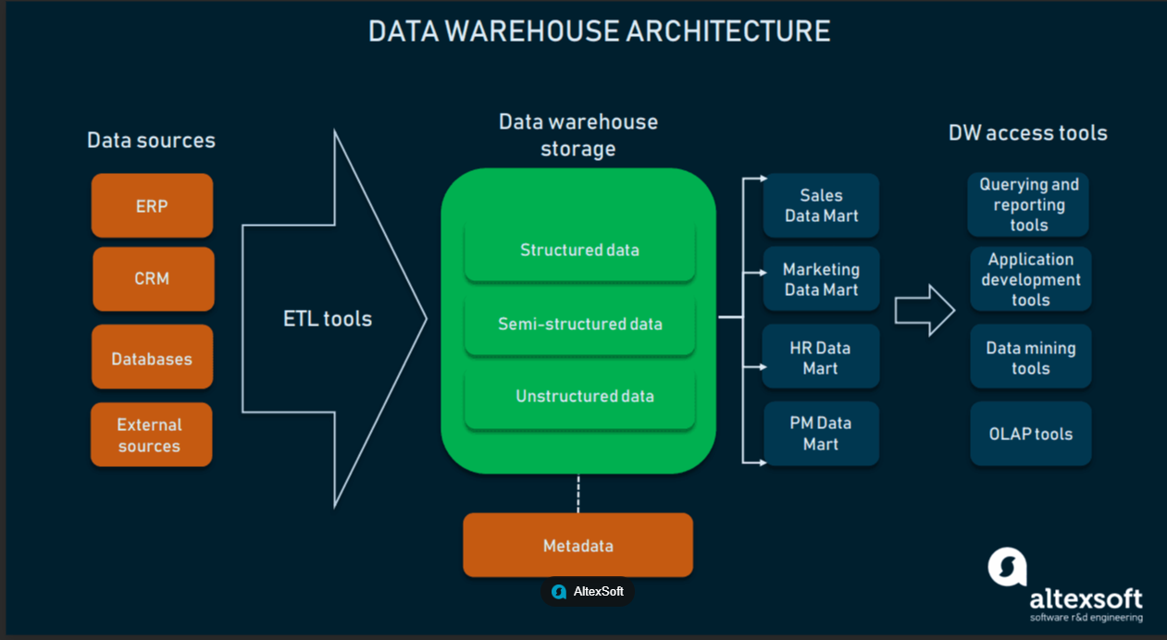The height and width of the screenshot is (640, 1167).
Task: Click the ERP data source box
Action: point(152,205)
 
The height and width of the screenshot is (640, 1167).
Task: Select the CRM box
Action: point(154,279)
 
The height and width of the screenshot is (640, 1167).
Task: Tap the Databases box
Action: point(152,357)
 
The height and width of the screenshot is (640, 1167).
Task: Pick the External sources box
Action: point(151,435)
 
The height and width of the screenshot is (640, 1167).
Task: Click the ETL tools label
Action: point(328,319)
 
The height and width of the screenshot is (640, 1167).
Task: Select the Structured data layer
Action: point(579,251)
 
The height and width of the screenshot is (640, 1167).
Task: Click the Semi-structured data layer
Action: point(579,325)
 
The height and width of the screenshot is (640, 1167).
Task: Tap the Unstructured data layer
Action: point(579,398)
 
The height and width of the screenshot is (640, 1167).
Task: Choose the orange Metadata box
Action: point(577,545)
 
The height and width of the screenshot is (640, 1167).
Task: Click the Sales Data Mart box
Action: point(821,205)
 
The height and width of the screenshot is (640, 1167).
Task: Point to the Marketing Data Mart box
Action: point(821,279)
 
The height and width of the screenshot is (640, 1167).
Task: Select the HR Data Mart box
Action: point(821,357)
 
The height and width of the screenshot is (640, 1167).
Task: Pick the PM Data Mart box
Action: point(821,433)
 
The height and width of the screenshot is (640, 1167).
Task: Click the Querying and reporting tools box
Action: point(1028,204)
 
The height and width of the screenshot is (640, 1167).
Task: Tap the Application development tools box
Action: point(1031,279)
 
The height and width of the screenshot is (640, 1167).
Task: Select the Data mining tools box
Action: point(1031,357)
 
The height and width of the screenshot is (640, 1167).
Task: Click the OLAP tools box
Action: point(1031,433)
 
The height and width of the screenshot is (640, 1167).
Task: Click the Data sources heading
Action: point(151,140)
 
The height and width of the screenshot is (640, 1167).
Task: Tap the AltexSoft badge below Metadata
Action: point(588,592)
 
